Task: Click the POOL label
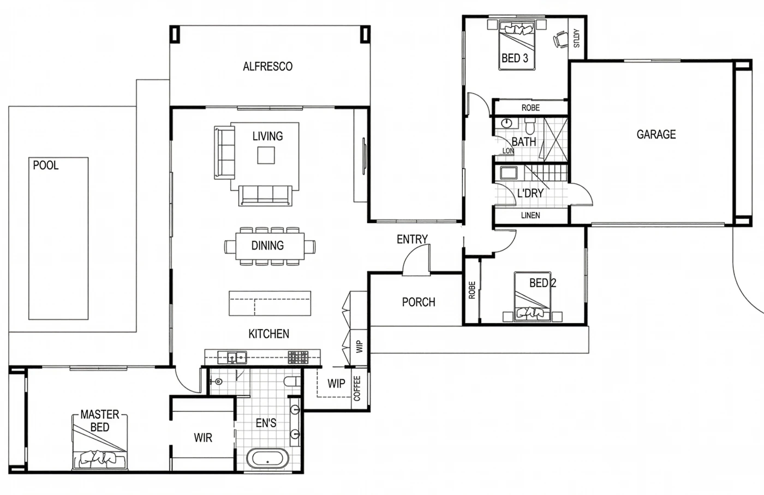point(46,166)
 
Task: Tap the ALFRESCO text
point(268,67)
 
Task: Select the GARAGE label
point(656,135)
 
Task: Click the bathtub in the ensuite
point(267,458)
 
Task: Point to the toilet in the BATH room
point(530,126)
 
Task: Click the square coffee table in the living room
point(266,155)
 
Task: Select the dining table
point(270,246)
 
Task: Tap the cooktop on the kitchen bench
point(298,358)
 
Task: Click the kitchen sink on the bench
point(237,358)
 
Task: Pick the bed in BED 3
point(517,45)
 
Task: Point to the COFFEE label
point(357,388)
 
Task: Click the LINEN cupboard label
point(530,215)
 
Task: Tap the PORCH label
point(419,302)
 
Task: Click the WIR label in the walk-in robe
point(203,438)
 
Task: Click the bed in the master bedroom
point(99,442)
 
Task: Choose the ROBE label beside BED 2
point(472,290)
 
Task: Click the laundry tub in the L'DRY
point(508,173)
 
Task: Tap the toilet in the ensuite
point(292,381)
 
